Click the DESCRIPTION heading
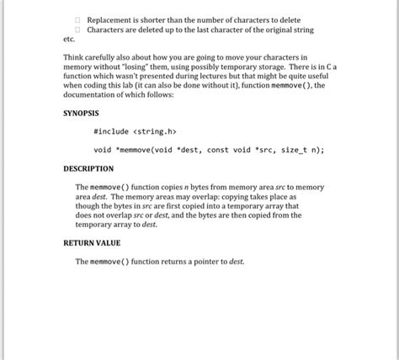point(88,169)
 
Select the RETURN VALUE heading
point(92,243)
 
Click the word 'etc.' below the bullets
point(69,40)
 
